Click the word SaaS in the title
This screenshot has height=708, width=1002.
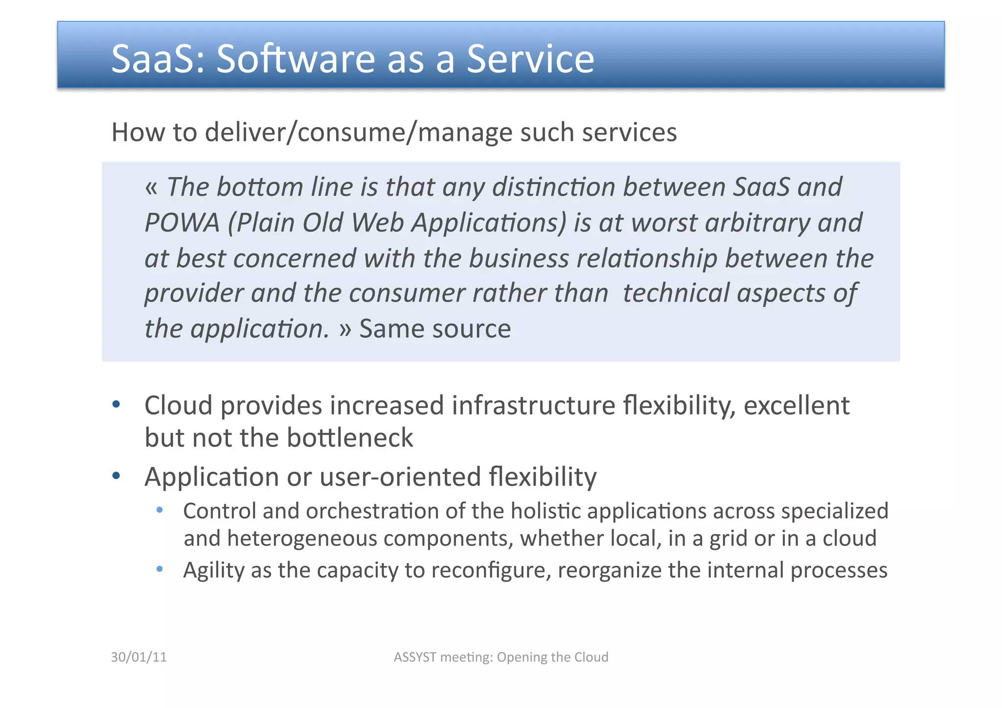point(152,59)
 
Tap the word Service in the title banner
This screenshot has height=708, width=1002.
point(530,59)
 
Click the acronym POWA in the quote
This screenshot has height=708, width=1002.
point(182,223)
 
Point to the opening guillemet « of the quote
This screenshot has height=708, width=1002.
point(151,187)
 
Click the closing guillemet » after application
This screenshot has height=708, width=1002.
point(345,329)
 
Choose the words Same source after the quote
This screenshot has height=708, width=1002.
point(435,329)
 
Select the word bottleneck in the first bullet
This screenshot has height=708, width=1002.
point(350,437)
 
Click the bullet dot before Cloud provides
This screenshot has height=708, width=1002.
point(116,404)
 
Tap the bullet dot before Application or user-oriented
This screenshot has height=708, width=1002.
point(116,476)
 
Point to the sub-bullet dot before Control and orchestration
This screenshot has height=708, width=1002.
point(159,510)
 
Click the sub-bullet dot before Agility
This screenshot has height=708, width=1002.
point(159,569)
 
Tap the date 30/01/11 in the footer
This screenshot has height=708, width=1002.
point(139,657)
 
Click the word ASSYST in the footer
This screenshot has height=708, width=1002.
point(415,657)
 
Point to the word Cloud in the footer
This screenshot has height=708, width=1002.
point(591,657)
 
